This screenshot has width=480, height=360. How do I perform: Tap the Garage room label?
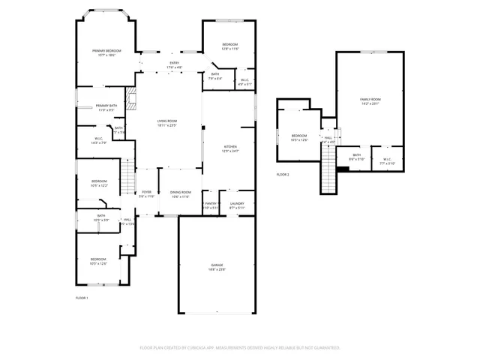(x=217, y=268)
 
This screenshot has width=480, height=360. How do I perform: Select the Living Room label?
(x=166, y=123)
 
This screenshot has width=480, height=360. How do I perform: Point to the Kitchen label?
(x=230, y=148)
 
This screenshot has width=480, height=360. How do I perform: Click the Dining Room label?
(x=180, y=194)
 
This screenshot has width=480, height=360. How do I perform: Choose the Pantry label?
(x=210, y=205)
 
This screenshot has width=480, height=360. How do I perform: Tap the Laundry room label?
(x=237, y=205)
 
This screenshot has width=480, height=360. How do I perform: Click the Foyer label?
(x=147, y=194)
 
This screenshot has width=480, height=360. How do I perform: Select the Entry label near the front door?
(x=174, y=64)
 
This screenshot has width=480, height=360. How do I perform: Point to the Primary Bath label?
(x=106, y=107)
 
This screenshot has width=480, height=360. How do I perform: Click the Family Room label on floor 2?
(x=370, y=101)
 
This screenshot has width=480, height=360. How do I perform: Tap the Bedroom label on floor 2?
(x=299, y=137)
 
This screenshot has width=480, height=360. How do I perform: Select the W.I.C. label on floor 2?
(x=387, y=160)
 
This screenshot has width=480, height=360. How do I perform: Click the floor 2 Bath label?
(x=357, y=157)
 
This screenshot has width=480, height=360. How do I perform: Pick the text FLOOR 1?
(x=82, y=298)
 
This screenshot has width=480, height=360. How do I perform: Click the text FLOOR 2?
(x=283, y=174)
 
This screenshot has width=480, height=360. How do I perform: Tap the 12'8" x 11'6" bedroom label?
(x=229, y=46)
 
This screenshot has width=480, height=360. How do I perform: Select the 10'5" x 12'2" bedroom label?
(x=100, y=183)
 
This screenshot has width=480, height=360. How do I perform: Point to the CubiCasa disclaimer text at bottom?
(x=240, y=347)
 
